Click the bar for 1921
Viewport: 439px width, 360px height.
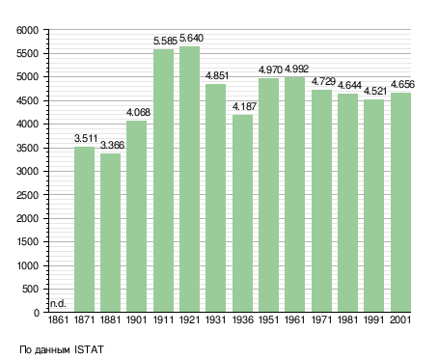(x=189, y=180)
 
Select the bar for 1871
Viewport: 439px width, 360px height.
(x=84, y=230)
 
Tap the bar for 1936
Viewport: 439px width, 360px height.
(x=242, y=213)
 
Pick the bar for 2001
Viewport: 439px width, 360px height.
(x=400, y=203)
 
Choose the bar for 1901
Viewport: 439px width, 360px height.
(x=137, y=216)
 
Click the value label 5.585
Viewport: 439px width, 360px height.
(x=165, y=42)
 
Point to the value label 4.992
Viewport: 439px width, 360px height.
(x=296, y=69)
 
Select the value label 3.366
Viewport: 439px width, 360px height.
(x=112, y=146)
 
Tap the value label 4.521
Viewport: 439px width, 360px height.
(x=375, y=92)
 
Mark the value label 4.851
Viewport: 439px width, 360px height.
(x=217, y=76)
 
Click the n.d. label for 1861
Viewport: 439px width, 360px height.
(x=58, y=303)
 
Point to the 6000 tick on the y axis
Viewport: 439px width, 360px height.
(x=27, y=30)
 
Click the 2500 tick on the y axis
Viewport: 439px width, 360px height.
(x=27, y=195)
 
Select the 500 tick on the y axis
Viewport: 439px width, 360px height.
(x=30, y=289)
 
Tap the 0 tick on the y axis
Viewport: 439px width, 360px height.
(x=37, y=313)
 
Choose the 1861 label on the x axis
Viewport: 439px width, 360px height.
(x=58, y=320)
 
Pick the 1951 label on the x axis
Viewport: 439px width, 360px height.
(x=268, y=320)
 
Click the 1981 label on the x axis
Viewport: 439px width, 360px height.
(x=348, y=320)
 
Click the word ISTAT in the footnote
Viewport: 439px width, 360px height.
(x=89, y=349)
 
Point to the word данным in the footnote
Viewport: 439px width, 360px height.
(x=52, y=350)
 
